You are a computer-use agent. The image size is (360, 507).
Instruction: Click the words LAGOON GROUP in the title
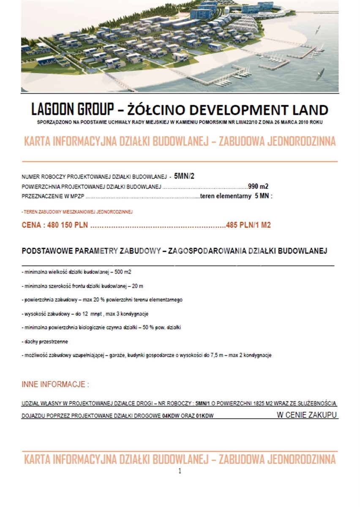pos(72,110)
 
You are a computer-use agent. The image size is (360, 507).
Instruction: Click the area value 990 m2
pos(259,186)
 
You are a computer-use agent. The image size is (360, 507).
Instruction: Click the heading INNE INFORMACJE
pos(55,385)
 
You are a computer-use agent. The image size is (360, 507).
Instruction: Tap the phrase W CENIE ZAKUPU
pos(307,415)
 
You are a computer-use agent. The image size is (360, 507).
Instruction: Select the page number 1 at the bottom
pos(180,471)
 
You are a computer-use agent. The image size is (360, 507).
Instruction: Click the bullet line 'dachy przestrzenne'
pos(45,341)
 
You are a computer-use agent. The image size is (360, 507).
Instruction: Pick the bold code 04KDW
pos(171,416)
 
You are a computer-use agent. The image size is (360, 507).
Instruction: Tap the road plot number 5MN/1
pos(204,404)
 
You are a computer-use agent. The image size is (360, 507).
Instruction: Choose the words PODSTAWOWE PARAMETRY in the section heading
pos(69,251)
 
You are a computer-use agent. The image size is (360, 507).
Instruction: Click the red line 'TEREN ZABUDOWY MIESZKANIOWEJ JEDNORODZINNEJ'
pos(77,212)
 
